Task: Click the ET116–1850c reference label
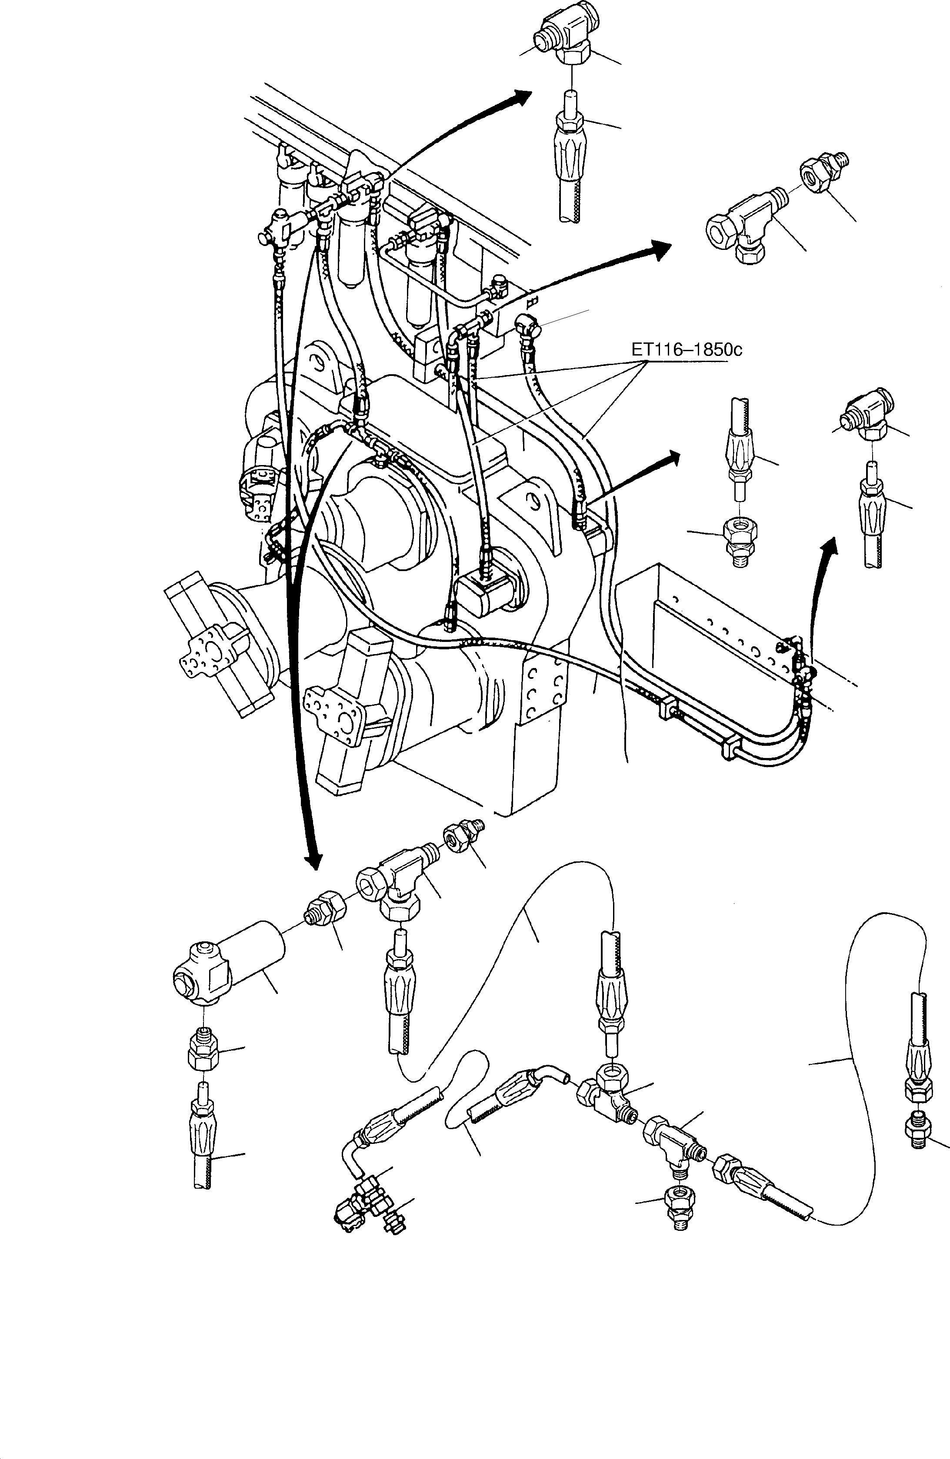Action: (x=686, y=350)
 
